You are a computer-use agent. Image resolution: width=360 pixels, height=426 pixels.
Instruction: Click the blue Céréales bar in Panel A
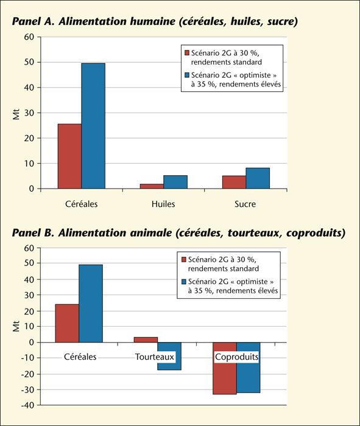point(93,126)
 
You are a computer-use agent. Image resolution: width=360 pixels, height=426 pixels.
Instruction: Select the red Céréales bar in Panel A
point(69,156)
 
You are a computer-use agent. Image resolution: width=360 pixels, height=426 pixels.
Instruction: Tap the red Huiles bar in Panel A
point(152,186)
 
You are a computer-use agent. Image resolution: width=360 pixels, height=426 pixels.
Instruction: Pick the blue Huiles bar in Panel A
point(175,182)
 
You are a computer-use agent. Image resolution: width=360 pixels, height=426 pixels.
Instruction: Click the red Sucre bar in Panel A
point(234,182)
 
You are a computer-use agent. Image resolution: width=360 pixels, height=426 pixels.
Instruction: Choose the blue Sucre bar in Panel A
point(258,178)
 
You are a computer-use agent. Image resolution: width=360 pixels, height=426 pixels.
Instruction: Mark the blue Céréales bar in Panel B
point(91,304)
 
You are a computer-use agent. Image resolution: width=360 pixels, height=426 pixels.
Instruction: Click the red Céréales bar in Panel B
point(67,323)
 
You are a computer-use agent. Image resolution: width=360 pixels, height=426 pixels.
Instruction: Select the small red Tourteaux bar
point(146,340)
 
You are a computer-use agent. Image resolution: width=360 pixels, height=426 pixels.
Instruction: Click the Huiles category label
point(163,204)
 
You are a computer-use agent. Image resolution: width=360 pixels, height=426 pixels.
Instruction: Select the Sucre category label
point(245,204)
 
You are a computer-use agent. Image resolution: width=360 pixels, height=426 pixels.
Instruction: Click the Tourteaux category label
point(155,357)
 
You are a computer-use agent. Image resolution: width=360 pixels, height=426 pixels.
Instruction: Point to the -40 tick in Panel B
point(27,405)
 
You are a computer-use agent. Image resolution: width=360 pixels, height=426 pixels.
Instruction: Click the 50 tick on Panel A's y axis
point(29,62)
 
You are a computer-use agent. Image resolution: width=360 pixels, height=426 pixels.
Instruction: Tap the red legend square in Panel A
point(187,53)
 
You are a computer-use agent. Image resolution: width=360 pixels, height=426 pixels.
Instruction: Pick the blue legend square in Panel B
point(184,281)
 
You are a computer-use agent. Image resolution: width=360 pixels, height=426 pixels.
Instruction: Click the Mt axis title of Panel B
point(16,326)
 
